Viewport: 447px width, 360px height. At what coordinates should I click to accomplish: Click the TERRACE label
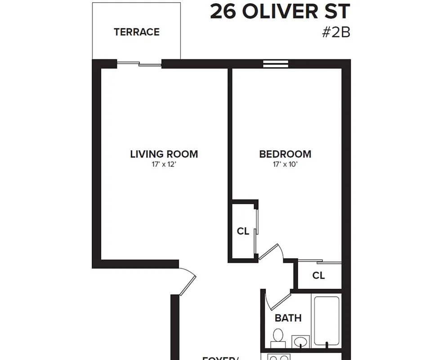[x=137, y=32]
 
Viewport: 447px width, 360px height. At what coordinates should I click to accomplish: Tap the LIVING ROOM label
[x=164, y=154]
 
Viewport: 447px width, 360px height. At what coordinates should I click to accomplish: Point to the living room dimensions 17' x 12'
[x=164, y=165]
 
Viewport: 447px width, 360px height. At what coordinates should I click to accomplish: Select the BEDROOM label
[x=285, y=154]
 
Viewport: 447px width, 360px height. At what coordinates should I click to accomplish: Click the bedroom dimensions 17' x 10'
[x=285, y=165]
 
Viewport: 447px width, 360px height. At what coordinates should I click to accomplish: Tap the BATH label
[x=288, y=318]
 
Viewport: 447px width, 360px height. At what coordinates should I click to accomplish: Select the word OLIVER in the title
[x=283, y=12]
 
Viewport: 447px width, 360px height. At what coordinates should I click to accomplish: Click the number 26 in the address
[x=223, y=12]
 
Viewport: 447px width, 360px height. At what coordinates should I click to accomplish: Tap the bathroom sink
[x=300, y=341]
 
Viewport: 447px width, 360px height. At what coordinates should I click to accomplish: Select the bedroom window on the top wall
[x=275, y=64]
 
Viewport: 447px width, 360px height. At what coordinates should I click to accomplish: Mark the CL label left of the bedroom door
[x=243, y=231]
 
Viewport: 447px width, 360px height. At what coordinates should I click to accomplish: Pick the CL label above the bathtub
[x=318, y=275]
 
